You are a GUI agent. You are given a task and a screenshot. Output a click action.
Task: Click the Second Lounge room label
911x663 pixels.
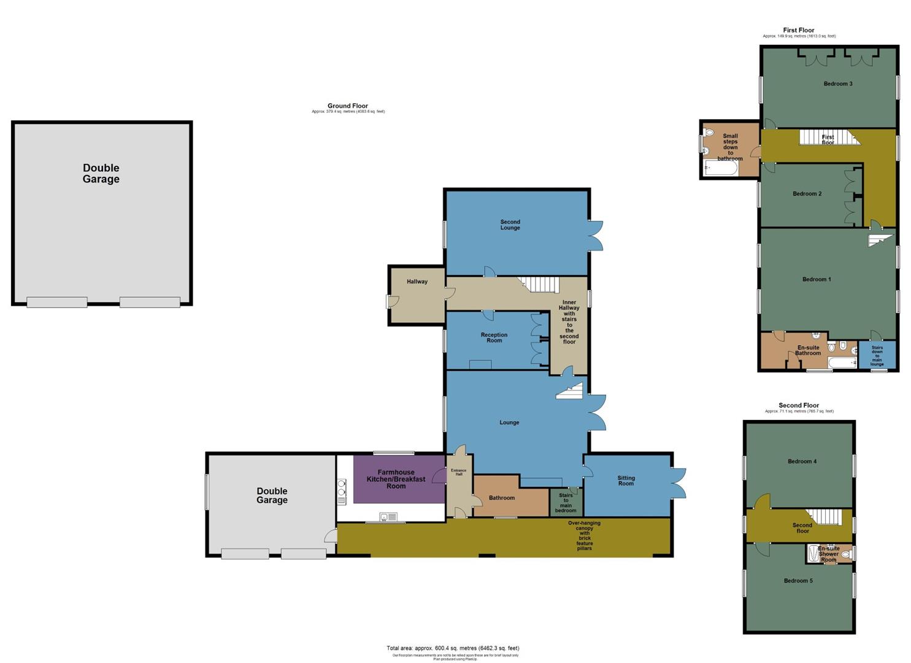click(x=510, y=225)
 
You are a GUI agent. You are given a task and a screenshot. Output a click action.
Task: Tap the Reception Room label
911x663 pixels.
click(x=494, y=338)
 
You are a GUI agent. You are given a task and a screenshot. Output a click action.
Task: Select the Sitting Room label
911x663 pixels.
click(x=626, y=481)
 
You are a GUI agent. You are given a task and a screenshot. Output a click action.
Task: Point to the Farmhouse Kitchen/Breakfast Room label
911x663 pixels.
click(x=396, y=479)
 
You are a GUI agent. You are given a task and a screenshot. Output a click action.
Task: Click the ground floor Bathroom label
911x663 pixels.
click(x=501, y=498)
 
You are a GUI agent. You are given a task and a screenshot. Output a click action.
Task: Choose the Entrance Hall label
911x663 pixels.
click(x=458, y=472)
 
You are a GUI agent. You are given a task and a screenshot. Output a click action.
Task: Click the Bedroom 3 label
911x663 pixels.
click(x=837, y=83)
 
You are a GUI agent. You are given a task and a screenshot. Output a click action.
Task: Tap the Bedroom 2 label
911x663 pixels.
click(x=807, y=194)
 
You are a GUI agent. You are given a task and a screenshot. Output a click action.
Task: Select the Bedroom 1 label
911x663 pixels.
click(x=817, y=279)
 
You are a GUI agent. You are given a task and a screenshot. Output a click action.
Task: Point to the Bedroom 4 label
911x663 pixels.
click(x=802, y=462)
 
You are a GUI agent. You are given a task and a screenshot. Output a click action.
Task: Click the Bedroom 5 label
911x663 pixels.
click(x=798, y=581)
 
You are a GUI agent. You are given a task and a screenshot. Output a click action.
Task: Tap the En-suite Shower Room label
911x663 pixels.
click(x=828, y=554)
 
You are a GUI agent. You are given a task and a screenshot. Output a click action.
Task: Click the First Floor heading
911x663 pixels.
click(x=798, y=30)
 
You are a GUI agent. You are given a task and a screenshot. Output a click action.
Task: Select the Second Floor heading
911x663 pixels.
click(x=798, y=405)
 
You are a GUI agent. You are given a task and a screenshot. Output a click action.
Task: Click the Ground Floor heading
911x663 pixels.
click(x=347, y=106)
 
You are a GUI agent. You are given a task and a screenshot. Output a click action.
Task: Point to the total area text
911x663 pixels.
click(x=453, y=648)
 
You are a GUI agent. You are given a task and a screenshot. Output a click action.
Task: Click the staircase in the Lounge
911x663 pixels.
click(x=569, y=391)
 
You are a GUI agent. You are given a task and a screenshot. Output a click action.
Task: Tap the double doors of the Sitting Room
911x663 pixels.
click(x=678, y=483)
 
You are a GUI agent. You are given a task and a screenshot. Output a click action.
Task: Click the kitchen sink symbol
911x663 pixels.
click(x=386, y=516)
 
